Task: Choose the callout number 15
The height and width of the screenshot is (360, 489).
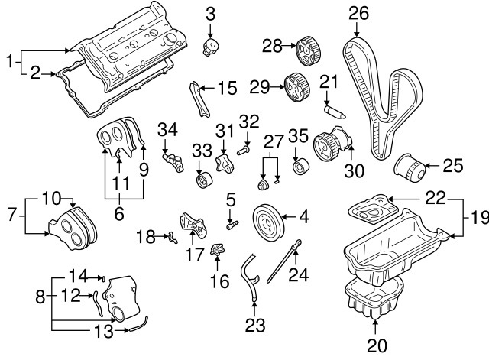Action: pyautogui.click(x=227, y=89)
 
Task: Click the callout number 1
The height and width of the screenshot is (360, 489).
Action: pyautogui.click(x=9, y=59)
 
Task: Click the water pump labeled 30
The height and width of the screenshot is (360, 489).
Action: pyautogui.click(x=333, y=144)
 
